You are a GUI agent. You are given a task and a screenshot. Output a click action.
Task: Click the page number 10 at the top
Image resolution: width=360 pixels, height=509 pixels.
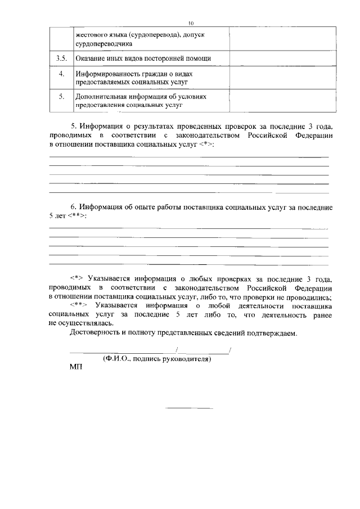click(191, 23)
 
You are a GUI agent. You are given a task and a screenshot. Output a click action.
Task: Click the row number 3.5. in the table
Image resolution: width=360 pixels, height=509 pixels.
click(62, 58)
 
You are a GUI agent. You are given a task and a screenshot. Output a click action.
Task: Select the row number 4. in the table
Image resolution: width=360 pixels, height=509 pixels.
click(62, 74)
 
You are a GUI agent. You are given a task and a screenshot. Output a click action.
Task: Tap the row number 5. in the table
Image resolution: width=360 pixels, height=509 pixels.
click(62, 96)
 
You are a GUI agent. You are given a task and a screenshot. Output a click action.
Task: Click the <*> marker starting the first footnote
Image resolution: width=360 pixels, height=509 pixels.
click(77, 279)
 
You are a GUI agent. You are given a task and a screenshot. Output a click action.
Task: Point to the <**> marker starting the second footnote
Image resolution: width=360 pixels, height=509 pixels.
click(79, 306)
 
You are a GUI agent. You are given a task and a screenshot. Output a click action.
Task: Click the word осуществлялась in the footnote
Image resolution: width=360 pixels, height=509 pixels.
click(88, 324)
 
